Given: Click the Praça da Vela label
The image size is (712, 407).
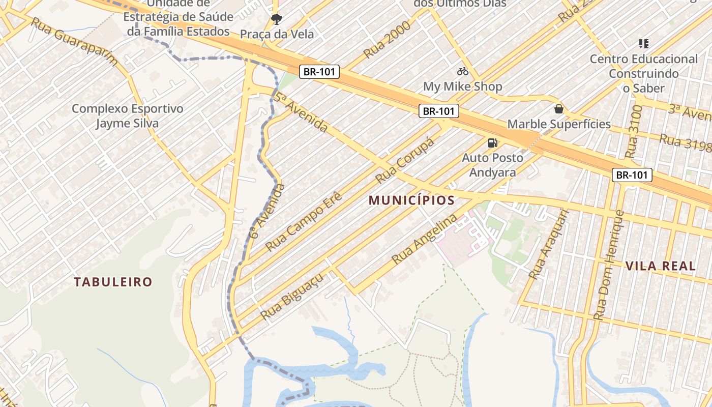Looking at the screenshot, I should pyautogui.click(x=277, y=34).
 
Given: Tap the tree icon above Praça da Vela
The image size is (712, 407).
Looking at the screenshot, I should pyautogui.click(x=277, y=19).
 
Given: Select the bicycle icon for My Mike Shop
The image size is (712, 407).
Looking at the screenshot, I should pyautogui.click(x=462, y=71).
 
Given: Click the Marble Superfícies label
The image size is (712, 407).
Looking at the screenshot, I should pyautogui.click(x=559, y=124).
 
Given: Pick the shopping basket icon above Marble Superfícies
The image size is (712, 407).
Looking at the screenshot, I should pyautogui.click(x=559, y=109).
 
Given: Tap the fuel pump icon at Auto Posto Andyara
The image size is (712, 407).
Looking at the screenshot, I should pyautogui.click(x=492, y=143).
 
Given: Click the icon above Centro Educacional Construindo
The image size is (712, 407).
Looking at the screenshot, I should pyautogui.click(x=644, y=44).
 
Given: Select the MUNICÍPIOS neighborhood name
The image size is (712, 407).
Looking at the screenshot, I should pyautogui.click(x=411, y=200).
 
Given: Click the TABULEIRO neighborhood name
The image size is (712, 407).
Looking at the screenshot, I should pyautogui.click(x=113, y=282).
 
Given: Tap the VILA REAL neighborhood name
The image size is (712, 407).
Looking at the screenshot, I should pyautogui.click(x=660, y=266).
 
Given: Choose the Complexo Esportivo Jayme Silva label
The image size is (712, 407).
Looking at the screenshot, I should pyautogui.click(x=127, y=116).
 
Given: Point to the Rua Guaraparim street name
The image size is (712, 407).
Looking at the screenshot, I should pyautogui.click(x=75, y=42).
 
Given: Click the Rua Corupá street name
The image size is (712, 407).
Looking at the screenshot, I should pyautogui.click(x=405, y=161).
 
